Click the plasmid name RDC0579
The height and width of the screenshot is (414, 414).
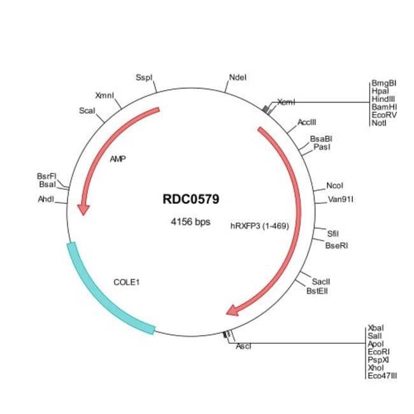pos(191,199)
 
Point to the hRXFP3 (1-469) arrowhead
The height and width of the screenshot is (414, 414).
pos(233,310)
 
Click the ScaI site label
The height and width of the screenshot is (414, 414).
pos(87,110)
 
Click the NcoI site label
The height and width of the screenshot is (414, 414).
pos(335,186)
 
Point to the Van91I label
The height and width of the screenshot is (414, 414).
pos(341,199)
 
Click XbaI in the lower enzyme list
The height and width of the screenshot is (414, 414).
pos(376,328)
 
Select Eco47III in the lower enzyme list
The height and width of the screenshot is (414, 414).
pos(382,376)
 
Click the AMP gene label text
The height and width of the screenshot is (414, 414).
pos(118,159)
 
